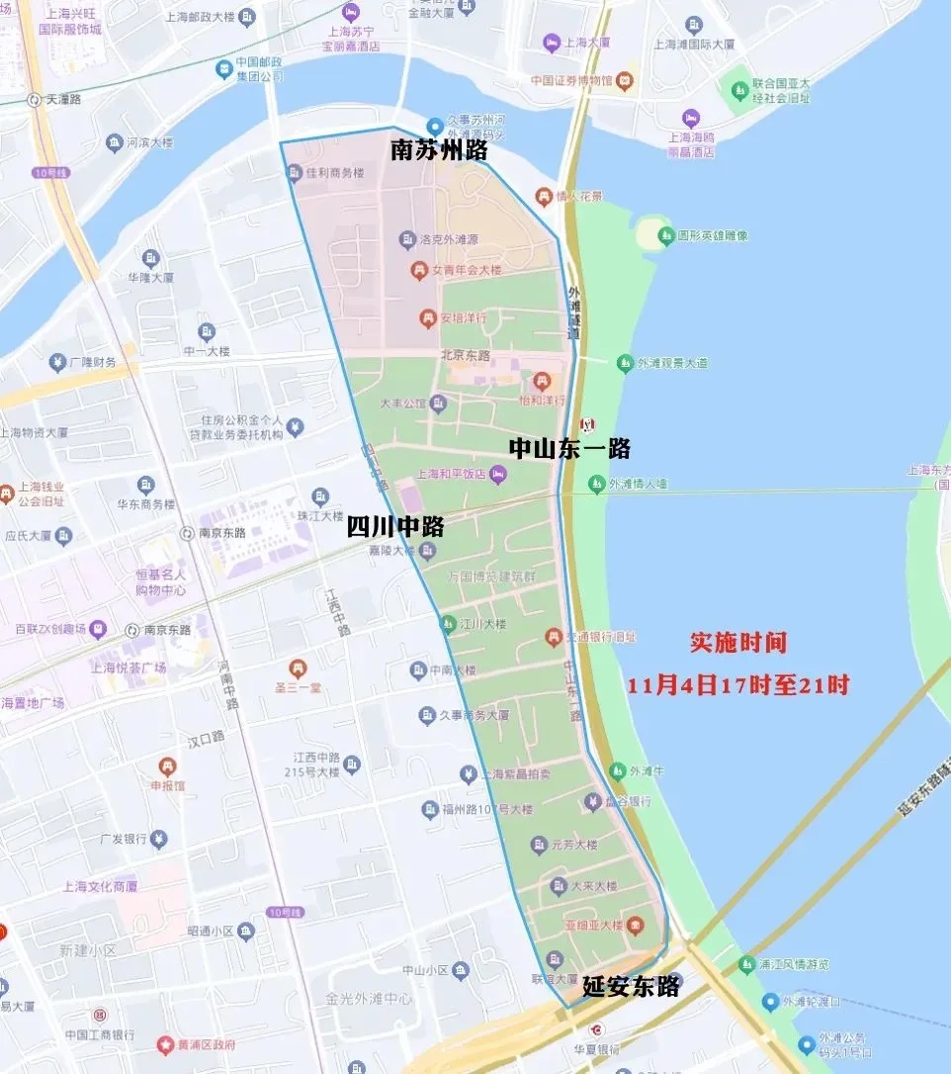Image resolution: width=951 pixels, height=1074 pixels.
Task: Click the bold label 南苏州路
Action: (x=439, y=151)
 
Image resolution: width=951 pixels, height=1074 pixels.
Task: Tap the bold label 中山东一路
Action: (x=569, y=448)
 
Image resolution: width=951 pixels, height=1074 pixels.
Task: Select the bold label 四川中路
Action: (x=394, y=526)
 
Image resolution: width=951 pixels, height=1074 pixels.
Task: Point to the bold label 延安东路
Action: (x=630, y=985)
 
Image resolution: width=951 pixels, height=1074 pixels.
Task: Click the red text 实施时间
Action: (x=738, y=642)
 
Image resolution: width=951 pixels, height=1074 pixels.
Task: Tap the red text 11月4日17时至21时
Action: (x=738, y=684)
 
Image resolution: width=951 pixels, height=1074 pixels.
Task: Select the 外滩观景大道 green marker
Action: (x=625, y=363)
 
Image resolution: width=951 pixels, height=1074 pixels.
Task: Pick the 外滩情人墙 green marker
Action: (x=596, y=484)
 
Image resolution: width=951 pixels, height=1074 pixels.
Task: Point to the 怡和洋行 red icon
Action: (x=542, y=381)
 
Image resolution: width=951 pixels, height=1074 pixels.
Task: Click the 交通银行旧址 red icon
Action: (x=554, y=637)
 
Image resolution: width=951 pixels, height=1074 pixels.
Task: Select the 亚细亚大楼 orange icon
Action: (x=636, y=926)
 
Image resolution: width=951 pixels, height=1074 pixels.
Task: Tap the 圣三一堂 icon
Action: (x=298, y=669)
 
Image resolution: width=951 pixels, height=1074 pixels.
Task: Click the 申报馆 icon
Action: (x=167, y=766)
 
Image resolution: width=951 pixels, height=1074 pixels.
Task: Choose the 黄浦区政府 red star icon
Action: (x=166, y=1044)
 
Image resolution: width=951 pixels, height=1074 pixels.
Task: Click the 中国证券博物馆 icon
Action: (x=625, y=80)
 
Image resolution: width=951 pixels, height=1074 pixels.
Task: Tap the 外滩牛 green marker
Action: (x=618, y=770)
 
